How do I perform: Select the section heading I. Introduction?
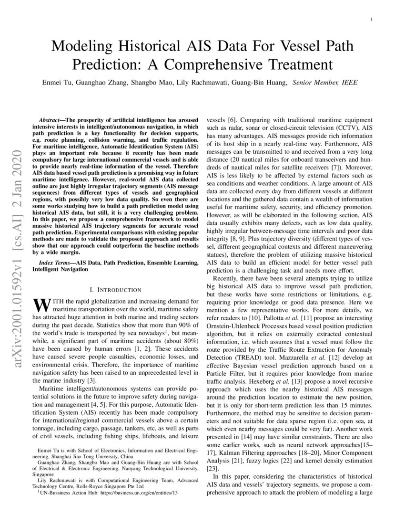[115, 290]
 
